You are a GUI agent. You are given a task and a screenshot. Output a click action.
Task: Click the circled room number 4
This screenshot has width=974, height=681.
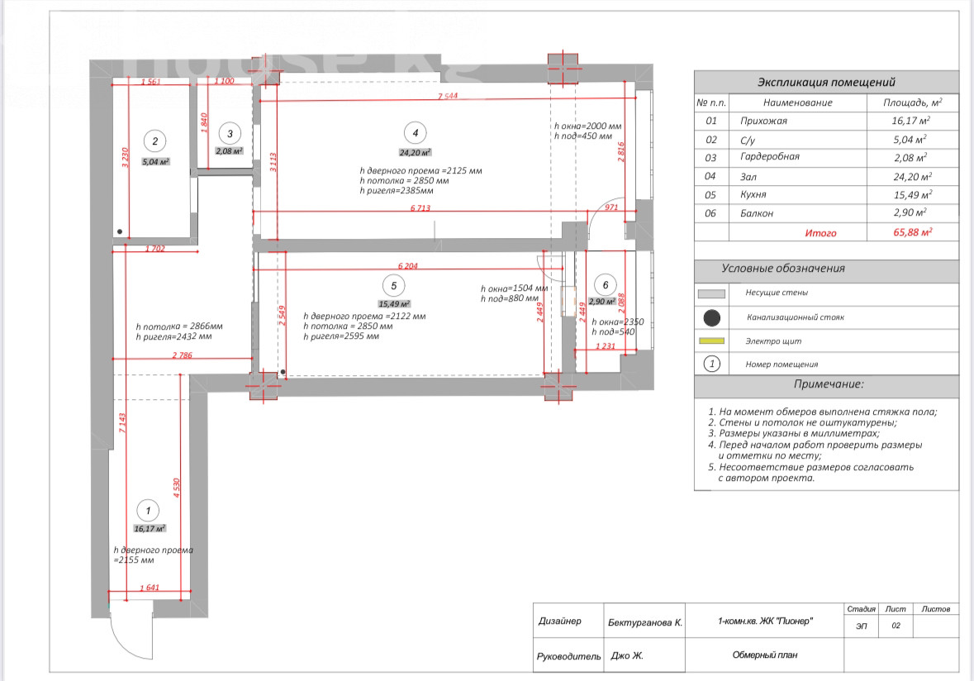[x=415, y=132]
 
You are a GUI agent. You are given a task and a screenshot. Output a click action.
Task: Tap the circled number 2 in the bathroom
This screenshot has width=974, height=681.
[x=154, y=141]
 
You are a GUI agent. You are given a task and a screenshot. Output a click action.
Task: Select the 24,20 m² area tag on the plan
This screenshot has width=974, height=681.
[x=415, y=153]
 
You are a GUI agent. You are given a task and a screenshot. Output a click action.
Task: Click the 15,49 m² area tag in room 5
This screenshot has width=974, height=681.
[x=394, y=304]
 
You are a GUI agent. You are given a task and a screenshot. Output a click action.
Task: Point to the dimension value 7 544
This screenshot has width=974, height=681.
[x=449, y=97]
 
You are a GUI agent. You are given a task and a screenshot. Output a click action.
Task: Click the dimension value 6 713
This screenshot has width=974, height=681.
[x=422, y=207]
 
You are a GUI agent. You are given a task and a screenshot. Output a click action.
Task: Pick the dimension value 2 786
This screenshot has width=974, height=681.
[x=183, y=355]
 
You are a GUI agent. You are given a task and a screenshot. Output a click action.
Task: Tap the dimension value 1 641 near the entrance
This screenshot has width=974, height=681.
[x=150, y=588]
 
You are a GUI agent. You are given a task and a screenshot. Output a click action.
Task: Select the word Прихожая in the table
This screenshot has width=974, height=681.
[x=764, y=121]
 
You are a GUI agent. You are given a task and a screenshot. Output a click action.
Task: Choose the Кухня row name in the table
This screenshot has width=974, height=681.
[x=753, y=195]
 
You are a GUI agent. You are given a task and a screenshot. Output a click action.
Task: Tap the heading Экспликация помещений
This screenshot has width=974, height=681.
[x=826, y=83]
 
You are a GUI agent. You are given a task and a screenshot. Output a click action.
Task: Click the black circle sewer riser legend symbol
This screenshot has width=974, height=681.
[x=711, y=317]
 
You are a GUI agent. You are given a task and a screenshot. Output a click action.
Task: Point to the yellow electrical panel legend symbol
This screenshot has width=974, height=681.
[x=711, y=340]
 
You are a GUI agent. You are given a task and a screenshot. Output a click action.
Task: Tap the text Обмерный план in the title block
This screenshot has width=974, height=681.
[x=765, y=655]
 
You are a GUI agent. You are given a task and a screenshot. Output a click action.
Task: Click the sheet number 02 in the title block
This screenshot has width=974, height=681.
[x=896, y=626]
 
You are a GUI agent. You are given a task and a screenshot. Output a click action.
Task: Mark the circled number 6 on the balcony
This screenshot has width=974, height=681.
[x=606, y=285]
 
